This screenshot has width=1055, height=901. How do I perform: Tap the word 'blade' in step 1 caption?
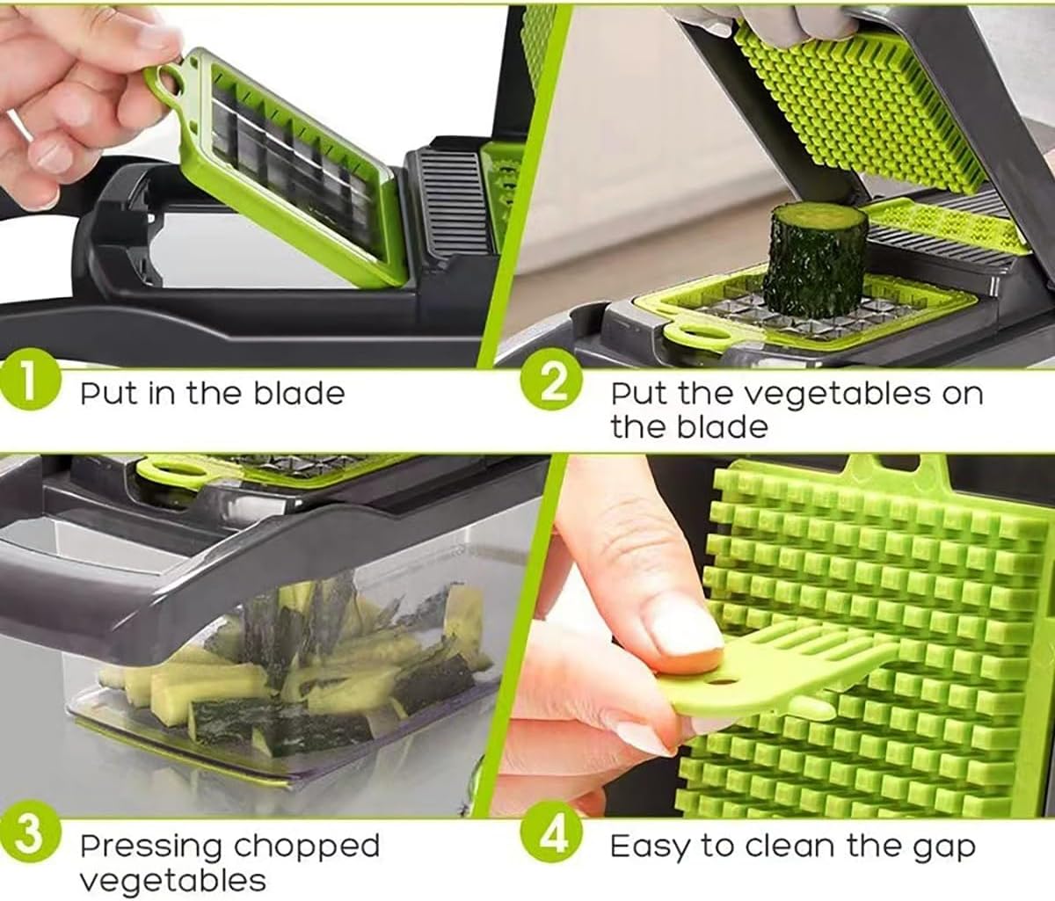300,394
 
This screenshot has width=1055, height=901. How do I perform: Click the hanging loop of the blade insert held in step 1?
165,81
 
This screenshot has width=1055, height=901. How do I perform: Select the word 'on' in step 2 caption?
962,396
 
